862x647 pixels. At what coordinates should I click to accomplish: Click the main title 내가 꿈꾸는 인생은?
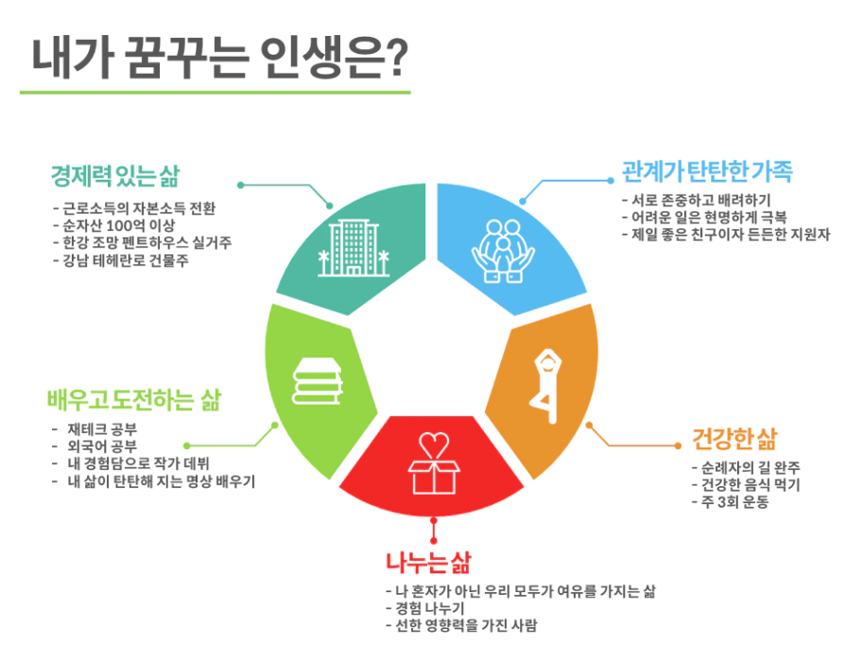(x=220, y=58)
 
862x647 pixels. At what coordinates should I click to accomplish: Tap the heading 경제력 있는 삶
(x=115, y=176)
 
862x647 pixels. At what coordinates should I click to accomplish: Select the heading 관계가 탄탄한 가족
(x=707, y=171)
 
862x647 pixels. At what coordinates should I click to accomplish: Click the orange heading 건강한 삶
(x=734, y=439)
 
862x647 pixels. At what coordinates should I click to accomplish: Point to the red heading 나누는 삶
(x=428, y=562)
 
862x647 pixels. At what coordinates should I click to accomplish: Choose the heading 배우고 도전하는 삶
(x=133, y=400)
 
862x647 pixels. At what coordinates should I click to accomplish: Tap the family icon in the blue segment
(x=503, y=251)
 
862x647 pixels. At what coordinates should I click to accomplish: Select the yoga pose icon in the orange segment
(x=547, y=386)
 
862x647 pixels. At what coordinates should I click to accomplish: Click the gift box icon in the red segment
(x=434, y=463)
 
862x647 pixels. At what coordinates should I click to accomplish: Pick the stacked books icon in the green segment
(x=318, y=381)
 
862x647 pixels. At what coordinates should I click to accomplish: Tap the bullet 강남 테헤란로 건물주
(x=121, y=260)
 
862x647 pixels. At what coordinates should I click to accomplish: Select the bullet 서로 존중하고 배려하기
(x=697, y=201)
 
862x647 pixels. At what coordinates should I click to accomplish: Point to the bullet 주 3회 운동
(x=731, y=501)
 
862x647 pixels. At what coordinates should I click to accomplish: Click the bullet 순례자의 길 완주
(x=746, y=467)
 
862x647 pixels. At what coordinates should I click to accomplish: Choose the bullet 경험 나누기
(x=425, y=608)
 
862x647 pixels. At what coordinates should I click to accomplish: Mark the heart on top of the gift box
(x=434, y=445)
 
